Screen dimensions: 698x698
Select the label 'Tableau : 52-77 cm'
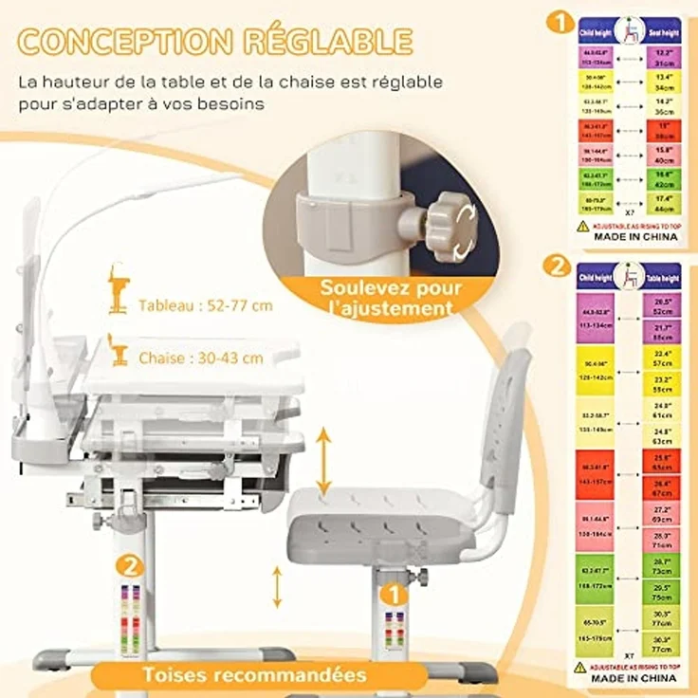click(205, 306)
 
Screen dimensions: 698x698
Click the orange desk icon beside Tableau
click(118, 290)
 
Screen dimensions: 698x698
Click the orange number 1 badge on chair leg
click(388, 595)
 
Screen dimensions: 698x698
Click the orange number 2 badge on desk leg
click(129, 567)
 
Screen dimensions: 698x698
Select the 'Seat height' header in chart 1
click(660, 32)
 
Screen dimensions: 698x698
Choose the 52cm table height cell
click(660, 306)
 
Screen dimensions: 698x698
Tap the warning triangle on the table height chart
click(580, 669)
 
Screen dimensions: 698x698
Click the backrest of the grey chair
click(505, 417)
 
